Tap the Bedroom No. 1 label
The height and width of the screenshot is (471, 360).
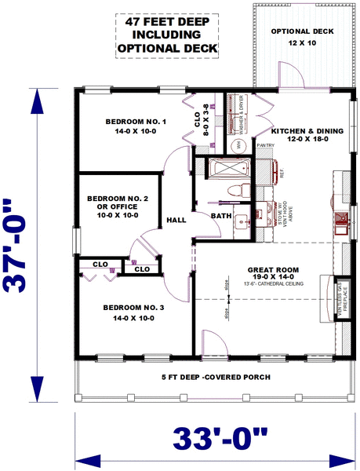[136, 127]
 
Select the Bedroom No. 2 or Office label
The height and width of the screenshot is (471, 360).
[113, 206]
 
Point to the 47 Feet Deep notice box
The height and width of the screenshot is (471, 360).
[167, 35]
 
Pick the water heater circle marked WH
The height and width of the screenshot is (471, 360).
[240, 146]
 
